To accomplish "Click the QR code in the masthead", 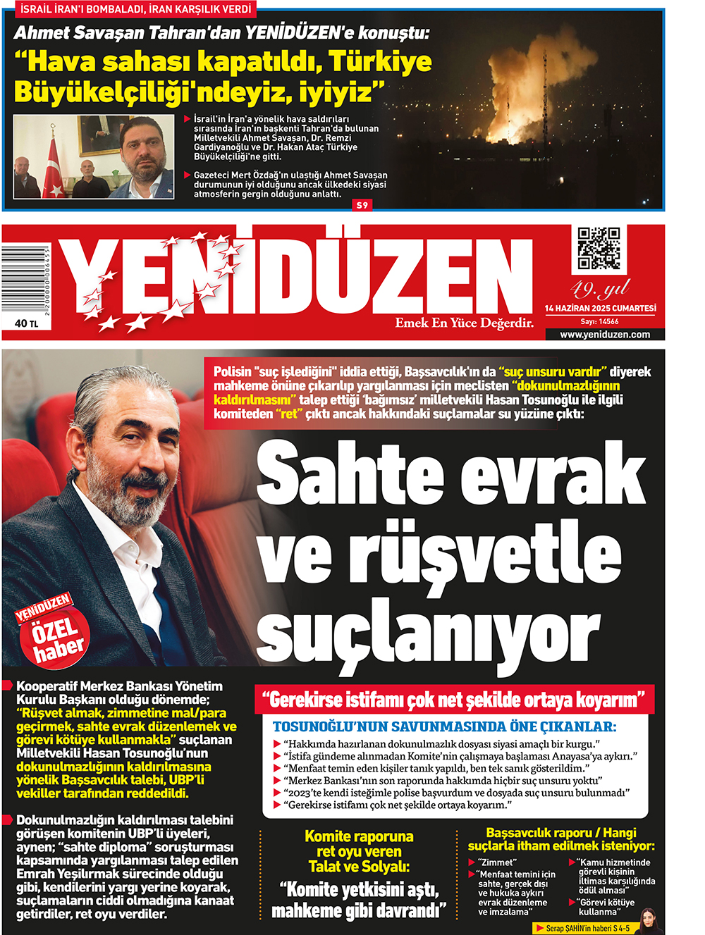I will [x=599, y=248].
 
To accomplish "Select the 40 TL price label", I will [x=26, y=323].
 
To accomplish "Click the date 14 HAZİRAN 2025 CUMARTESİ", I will [x=600, y=309].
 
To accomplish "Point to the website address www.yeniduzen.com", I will [x=605, y=335].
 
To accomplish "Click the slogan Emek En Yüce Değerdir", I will [x=464, y=323].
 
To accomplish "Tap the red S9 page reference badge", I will [x=362, y=205].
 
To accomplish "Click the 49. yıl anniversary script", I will [x=599, y=289].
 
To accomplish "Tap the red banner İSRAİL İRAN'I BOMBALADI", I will [x=135, y=9].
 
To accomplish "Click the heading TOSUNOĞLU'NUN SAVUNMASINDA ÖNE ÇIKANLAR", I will [x=444, y=726].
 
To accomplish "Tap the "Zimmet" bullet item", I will [x=498, y=862].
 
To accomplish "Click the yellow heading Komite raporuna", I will [x=359, y=836].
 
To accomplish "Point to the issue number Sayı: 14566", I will [x=599, y=321].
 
